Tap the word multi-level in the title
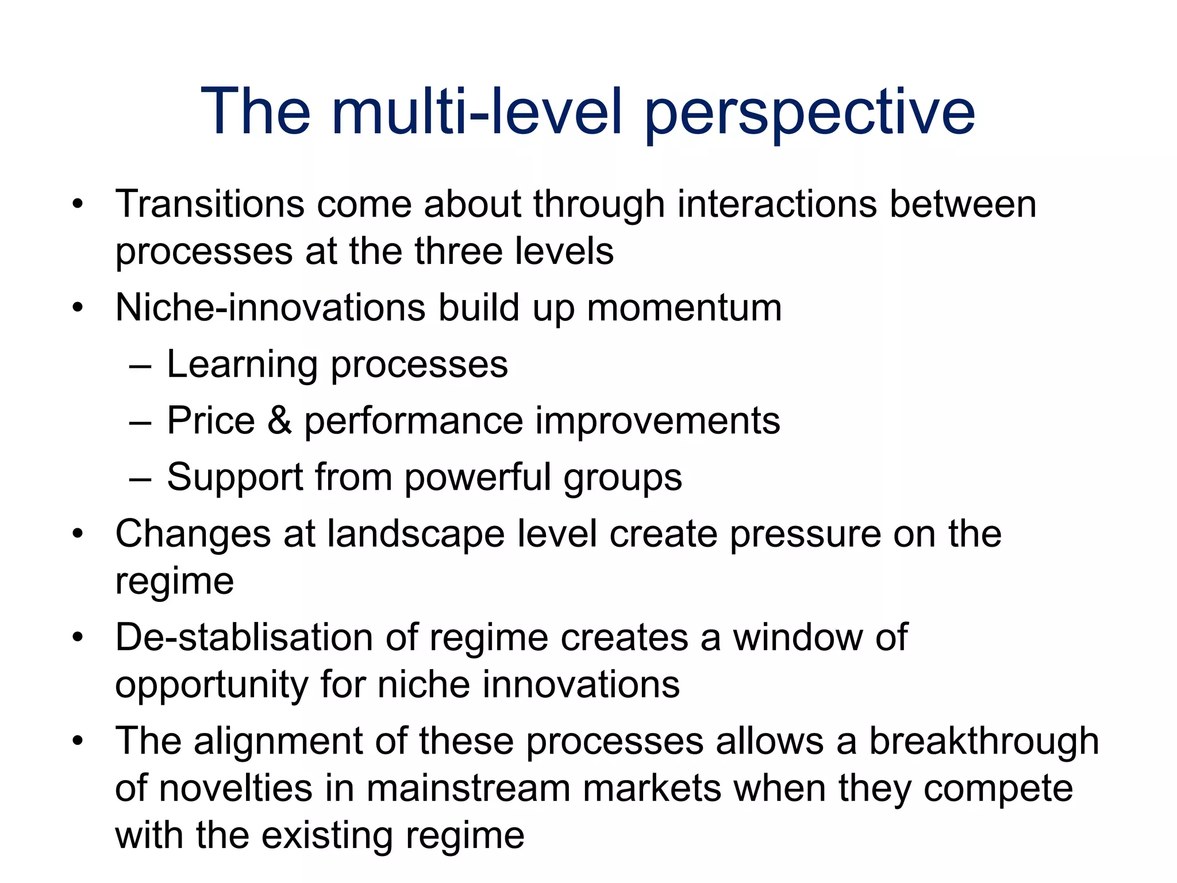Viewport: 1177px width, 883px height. [477, 112]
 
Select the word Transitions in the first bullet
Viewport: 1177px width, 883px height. [210, 204]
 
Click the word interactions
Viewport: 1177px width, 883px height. [777, 204]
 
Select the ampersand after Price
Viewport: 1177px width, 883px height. [280, 420]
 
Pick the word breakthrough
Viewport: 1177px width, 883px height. [983, 742]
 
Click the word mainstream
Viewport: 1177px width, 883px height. [468, 789]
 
